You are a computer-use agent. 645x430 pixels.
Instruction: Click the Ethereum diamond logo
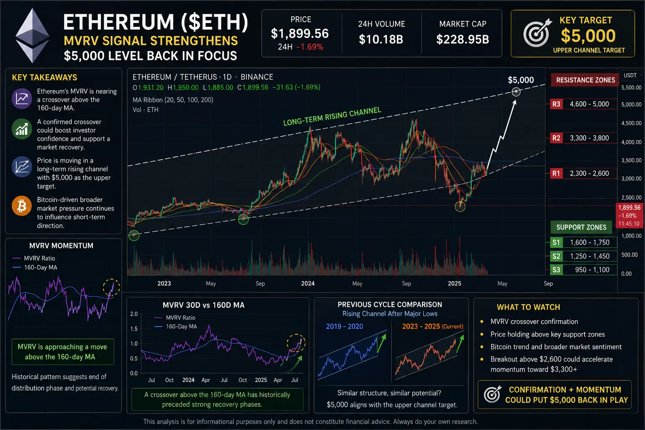[x=32, y=35]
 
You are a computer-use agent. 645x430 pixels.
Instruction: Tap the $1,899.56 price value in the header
[x=300, y=34]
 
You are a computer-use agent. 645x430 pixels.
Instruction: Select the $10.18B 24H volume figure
[x=381, y=39]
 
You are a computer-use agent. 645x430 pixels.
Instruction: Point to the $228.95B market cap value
[x=462, y=39]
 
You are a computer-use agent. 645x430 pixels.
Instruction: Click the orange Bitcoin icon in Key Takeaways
[x=21, y=206]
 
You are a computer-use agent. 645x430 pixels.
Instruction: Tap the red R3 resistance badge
[x=556, y=104]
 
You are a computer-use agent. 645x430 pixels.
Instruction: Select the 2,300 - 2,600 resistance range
[x=590, y=173]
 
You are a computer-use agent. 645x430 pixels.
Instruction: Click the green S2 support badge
[x=556, y=256]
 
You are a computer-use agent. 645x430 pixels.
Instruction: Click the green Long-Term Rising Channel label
[x=332, y=116]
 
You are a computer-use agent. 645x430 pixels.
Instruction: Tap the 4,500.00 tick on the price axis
[x=631, y=123]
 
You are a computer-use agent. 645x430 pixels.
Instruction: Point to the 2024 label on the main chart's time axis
[x=308, y=283]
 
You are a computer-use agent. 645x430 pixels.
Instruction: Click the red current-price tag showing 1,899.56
[x=629, y=215]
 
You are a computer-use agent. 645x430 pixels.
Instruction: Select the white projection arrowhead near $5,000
[x=514, y=103]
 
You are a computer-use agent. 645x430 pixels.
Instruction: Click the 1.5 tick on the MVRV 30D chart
[x=134, y=329]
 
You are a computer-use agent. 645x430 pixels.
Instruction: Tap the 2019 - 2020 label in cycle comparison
[x=344, y=326]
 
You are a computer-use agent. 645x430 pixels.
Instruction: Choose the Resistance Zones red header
[x=585, y=80]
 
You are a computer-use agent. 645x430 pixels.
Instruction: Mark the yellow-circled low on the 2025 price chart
[x=460, y=207]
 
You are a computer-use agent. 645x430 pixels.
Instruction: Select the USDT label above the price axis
[x=630, y=76]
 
